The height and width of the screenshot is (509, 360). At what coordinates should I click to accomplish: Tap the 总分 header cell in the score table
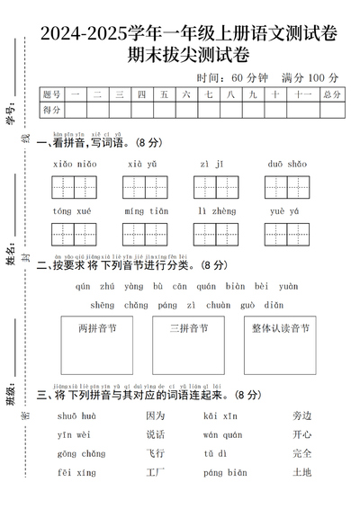coord(331,94)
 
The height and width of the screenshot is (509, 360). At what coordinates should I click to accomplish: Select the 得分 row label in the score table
coord(52,110)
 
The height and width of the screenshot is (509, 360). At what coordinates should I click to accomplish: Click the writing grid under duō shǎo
coord(287,187)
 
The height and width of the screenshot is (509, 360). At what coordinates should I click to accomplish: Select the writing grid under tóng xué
coord(73,234)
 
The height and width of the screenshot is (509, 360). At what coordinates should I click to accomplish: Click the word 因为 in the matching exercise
coord(156,415)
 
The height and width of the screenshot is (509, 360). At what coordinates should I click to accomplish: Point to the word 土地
coord(301,473)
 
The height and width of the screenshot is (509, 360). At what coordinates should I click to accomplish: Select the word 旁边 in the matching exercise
coord(301,415)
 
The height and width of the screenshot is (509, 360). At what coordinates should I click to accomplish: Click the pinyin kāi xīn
coord(220,415)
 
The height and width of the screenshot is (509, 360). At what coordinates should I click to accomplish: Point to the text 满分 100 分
coord(310,77)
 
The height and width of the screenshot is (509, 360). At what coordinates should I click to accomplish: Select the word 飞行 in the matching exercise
coord(156,454)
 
